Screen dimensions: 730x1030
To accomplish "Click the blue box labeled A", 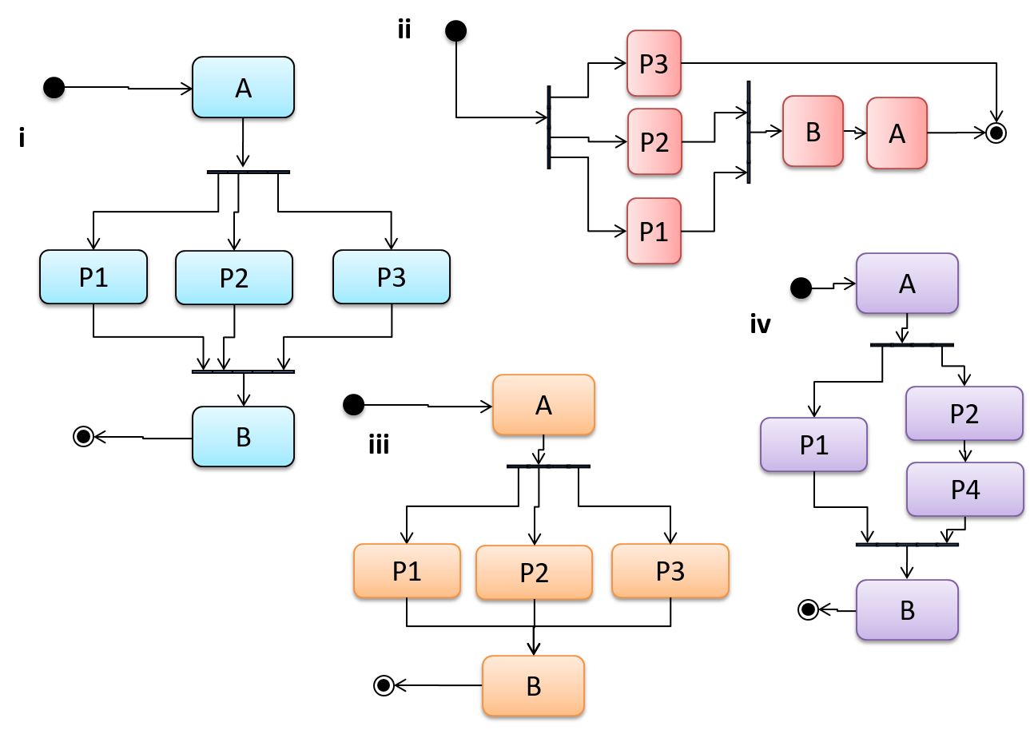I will point(243,87).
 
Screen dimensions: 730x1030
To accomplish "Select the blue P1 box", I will point(93,276).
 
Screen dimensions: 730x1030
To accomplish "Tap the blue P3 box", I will point(391,276).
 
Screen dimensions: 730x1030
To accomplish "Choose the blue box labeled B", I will point(243,436).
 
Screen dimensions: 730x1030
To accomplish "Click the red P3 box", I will point(654,63).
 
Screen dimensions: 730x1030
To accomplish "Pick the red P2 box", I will point(654,141).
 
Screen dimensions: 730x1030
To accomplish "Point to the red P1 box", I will point(654,231).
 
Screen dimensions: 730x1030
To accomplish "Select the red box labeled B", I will point(813,131).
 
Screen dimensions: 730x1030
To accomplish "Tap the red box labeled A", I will point(897,133).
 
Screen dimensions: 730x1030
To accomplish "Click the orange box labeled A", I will point(543,404).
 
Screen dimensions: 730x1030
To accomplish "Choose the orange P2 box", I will point(534,572).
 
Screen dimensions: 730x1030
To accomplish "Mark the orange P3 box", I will point(670,570).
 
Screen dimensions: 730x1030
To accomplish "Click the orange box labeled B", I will point(533,685).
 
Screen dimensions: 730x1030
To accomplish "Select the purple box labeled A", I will point(907,283).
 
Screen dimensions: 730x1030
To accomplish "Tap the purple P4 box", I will point(964,489).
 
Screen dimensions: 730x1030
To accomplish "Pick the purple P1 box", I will point(813,444).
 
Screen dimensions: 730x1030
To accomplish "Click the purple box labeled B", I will point(907,609).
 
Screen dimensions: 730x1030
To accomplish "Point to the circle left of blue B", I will point(83,436).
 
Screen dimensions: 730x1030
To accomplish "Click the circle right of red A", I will point(996,133).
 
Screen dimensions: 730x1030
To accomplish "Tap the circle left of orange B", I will point(384,685).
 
